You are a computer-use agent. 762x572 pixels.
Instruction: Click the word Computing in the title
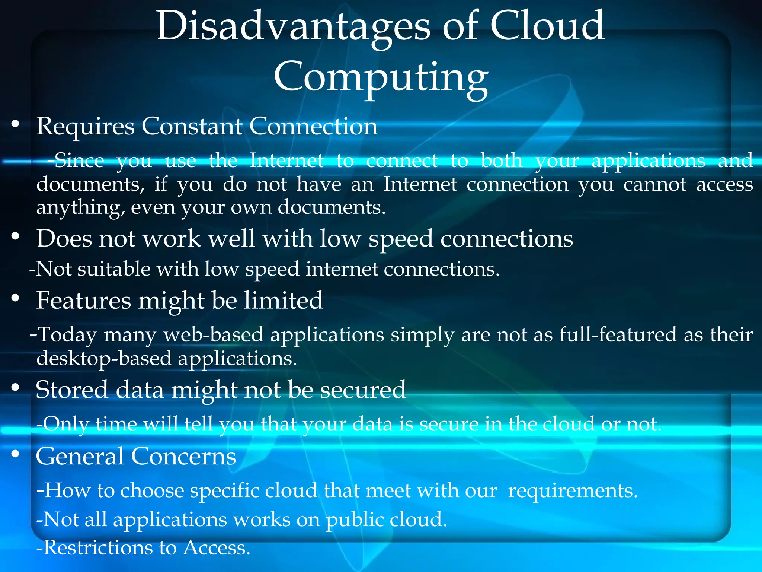pyautogui.click(x=381, y=77)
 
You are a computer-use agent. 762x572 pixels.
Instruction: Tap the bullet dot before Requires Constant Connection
pyautogui.click(x=15, y=124)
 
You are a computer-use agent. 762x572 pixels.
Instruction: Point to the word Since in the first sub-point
pyautogui.click(x=79, y=161)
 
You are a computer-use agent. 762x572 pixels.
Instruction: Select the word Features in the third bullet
pyautogui.click(x=84, y=301)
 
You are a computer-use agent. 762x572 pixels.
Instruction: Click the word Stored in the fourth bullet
pyautogui.click(x=72, y=390)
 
